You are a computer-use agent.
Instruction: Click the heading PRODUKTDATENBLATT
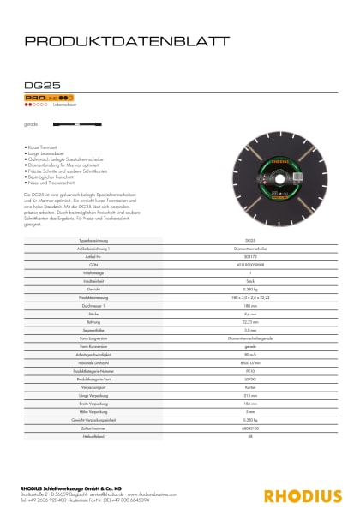pos(127,40)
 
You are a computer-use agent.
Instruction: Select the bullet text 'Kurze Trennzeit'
pos(45,148)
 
